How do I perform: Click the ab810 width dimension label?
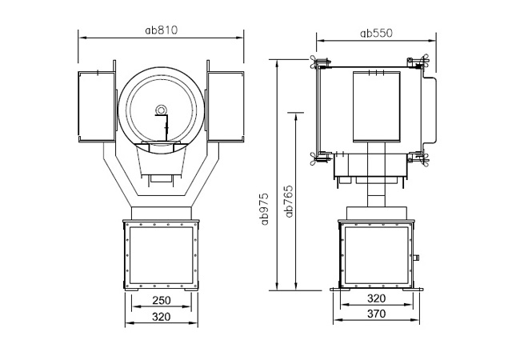tap(162, 30)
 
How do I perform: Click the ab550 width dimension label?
tap(377, 33)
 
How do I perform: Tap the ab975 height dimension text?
tap(265, 209)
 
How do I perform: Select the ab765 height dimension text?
tap(289, 202)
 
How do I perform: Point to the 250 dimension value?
tap(162, 300)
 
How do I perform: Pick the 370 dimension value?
tap(377, 314)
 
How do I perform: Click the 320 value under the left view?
tap(162, 317)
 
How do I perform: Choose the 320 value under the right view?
tap(377, 298)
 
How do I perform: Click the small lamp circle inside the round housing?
tap(161, 110)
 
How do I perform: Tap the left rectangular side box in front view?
tap(97, 106)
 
